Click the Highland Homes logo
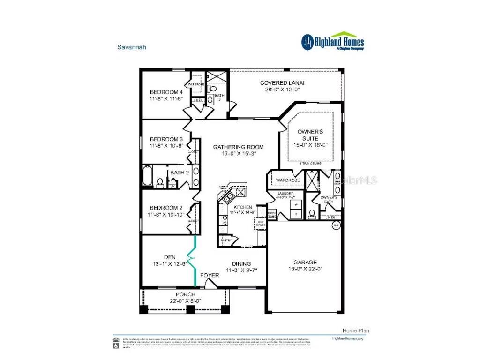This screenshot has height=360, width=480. coord(332,42)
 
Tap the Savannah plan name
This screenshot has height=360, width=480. coord(129,47)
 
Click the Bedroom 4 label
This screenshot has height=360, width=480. coord(166,92)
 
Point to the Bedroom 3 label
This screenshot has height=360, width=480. coord(166,139)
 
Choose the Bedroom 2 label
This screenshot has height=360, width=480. coord(166,208)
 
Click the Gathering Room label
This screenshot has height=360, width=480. coord(238,147)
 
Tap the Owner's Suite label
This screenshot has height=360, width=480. coord(307,135)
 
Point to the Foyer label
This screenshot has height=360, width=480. coord(209,275)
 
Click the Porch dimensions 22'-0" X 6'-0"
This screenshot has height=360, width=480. coord(185,301)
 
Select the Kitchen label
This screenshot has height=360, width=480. coord(243,207)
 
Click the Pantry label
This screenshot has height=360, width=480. coord(226,240)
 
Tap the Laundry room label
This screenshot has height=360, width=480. coord(285,194)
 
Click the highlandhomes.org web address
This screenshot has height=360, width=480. coord(347,338)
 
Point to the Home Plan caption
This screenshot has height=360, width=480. coord(352,330)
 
